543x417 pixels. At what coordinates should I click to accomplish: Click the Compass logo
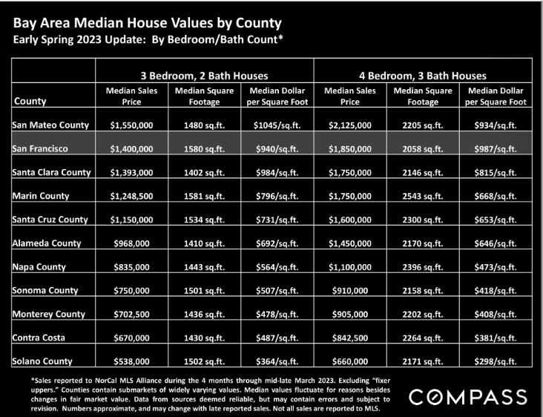click(468, 397)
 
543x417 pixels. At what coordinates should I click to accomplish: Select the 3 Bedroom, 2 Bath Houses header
click(204, 76)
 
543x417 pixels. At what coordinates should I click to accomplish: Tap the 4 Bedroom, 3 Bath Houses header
click(423, 76)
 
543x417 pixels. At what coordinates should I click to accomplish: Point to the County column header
click(30, 101)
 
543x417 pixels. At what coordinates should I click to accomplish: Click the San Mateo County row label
click(50, 125)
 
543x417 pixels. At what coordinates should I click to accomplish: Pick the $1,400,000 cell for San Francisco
click(131, 149)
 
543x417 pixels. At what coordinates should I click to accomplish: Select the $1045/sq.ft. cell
click(277, 125)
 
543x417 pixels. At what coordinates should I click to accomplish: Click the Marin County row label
click(41, 196)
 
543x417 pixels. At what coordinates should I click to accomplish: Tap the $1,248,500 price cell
click(131, 197)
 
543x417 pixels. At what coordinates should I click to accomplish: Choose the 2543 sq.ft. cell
click(423, 197)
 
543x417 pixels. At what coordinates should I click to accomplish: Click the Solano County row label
click(42, 361)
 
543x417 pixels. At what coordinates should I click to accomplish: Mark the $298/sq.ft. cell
click(496, 361)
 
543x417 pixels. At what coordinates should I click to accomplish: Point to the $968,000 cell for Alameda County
click(131, 243)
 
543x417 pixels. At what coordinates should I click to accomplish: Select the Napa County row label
click(39, 267)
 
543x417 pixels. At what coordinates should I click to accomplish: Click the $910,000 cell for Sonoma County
click(350, 291)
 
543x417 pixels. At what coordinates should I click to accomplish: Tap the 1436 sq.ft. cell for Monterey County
click(204, 315)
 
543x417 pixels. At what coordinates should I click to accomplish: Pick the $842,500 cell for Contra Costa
click(350, 338)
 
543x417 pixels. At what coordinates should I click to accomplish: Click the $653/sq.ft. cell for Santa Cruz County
click(496, 220)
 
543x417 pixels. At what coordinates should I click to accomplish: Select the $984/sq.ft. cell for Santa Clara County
click(277, 173)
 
